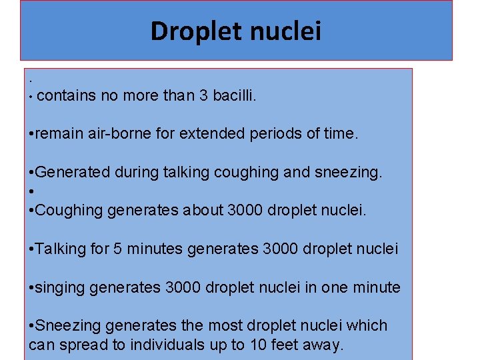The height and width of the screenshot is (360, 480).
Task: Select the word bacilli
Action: coord(234,96)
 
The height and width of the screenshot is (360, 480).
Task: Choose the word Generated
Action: coord(73,173)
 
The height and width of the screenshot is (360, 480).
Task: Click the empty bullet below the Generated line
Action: coord(32,192)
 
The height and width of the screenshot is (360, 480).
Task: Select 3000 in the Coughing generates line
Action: coord(245,211)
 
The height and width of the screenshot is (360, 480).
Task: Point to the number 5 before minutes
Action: coord(117,249)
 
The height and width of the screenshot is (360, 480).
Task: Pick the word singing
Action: coord(60,288)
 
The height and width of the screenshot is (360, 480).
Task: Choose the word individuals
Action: coord(165,345)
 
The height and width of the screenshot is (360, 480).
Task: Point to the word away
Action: coord(323,345)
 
